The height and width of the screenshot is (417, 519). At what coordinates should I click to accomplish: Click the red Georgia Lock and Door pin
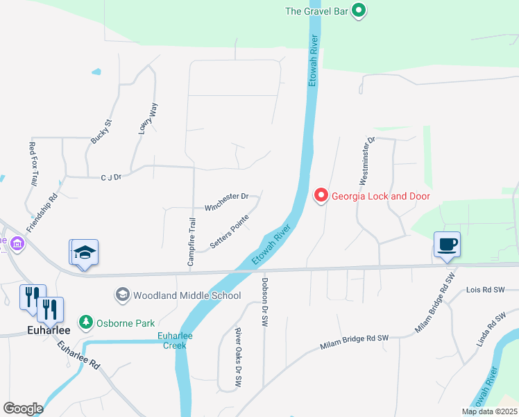point(321,196)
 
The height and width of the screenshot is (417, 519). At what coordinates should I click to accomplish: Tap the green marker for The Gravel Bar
point(359,10)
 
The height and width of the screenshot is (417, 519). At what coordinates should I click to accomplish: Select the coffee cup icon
point(448,245)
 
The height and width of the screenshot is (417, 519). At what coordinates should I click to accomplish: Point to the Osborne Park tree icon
point(85,322)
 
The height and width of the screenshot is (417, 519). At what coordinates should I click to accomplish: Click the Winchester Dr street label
point(226,197)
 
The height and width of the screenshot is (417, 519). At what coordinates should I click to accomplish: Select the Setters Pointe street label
point(230,237)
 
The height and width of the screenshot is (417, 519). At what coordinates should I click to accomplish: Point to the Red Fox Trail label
point(33,164)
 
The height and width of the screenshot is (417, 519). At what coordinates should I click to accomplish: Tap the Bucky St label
point(101,131)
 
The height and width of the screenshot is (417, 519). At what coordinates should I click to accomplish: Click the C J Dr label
point(111,177)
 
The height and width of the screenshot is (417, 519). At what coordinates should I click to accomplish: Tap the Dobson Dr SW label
point(264,302)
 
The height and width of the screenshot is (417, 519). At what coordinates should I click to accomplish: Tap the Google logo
point(23,408)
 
